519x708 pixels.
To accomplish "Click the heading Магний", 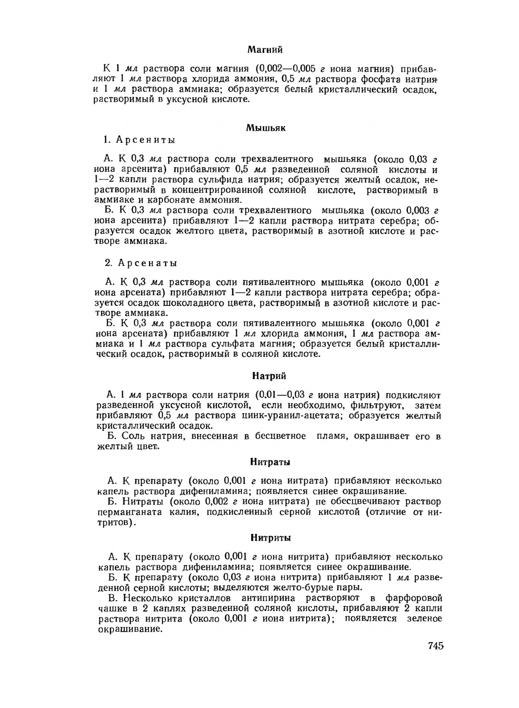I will coord(265,50).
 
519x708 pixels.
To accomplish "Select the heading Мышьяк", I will coord(265,128).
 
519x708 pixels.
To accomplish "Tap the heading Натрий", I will coord(269,376).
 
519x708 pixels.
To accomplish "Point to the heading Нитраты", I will coord(270,462).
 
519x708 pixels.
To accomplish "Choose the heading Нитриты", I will coord(270,538).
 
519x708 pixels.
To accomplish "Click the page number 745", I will coord(435,646).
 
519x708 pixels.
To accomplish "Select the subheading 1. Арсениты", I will coord(139,140).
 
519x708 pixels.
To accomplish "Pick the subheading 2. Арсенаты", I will coord(141,263).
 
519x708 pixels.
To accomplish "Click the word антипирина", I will coord(281,598).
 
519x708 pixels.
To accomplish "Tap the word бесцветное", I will coord(280,436).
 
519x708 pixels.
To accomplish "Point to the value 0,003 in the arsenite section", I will coord(419,211).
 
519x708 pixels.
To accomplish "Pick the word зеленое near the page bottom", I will coord(424,618).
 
